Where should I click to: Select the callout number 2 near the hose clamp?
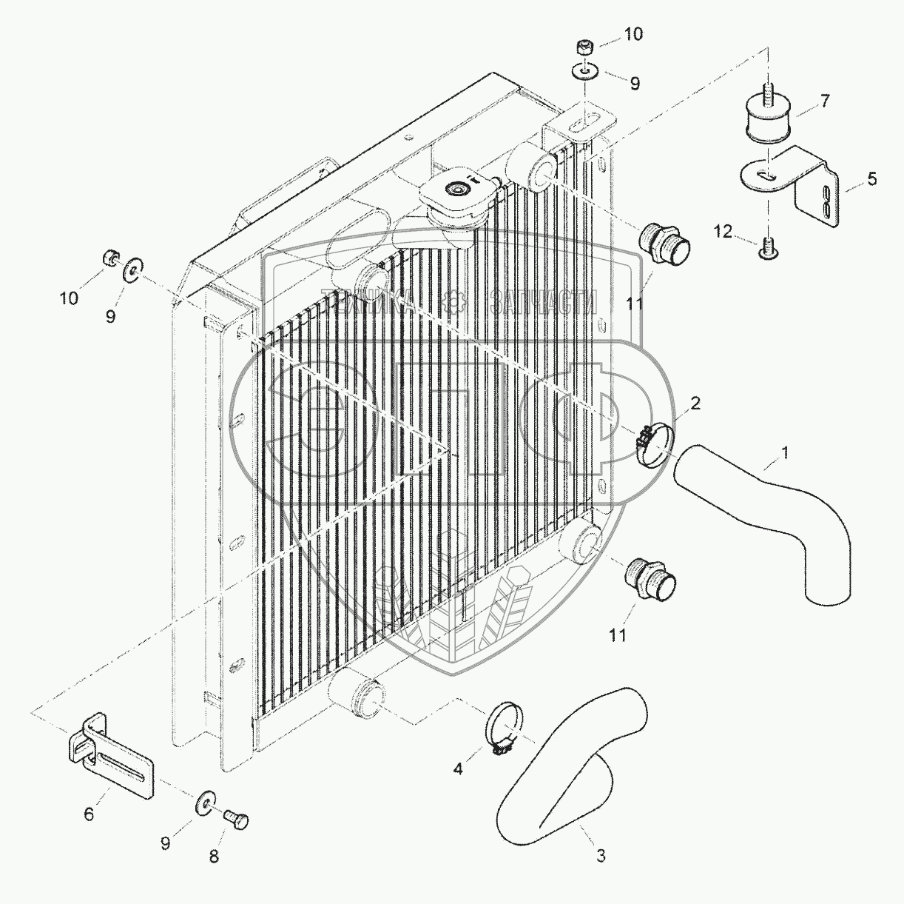tap(695, 404)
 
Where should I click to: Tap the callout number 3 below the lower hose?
tap(601, 855)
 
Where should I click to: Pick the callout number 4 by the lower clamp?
tap(458, 769)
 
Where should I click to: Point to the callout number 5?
tap(872, 178)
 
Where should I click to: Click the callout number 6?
tap(89, 814)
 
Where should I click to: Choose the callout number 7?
tap(824, 100)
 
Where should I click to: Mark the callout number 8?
tap(214, 857)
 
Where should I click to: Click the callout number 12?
tap(723, 232)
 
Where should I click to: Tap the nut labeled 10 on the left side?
tap(109, 258)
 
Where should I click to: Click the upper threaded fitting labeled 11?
tap(664, 241)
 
